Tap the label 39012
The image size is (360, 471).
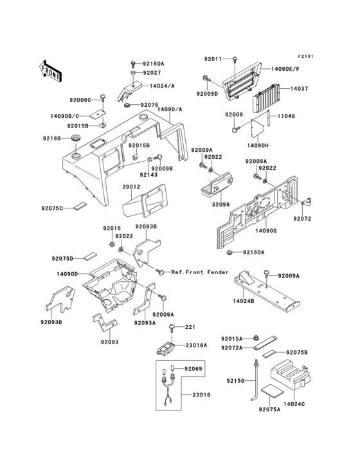point(131,187)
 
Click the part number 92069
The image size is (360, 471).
point(193,369)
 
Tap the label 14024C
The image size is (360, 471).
point(294,403)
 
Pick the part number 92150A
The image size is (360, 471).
point(154,64)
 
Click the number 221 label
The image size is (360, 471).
point(190,328)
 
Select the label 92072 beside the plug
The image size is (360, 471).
point(303,219)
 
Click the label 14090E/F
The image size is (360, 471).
point(285,66)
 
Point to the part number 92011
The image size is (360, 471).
point(213,59)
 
